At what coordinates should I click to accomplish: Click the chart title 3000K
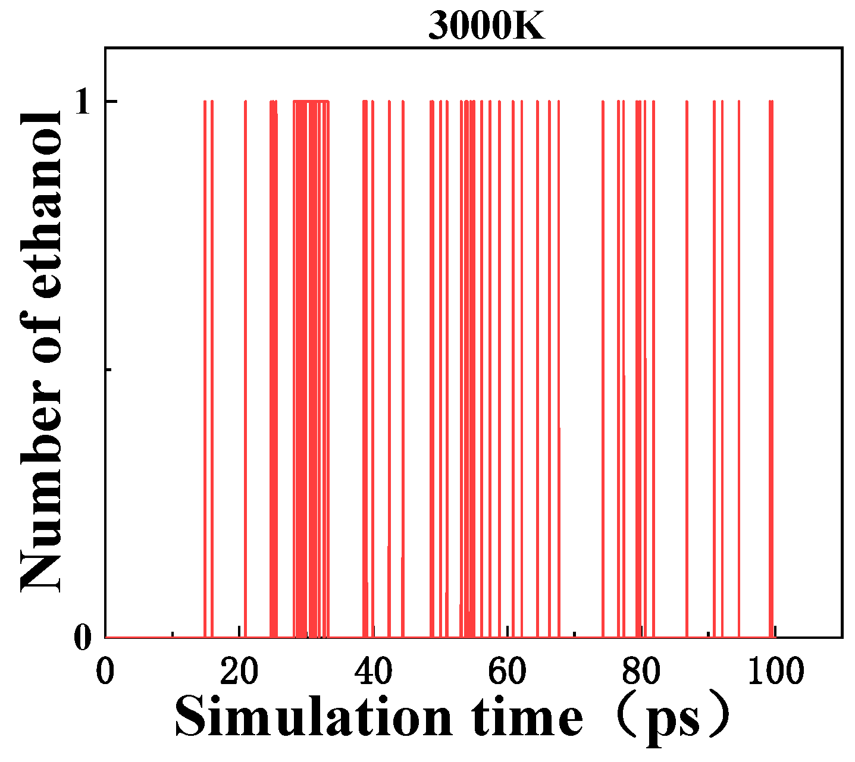pyautogui.click(x=486, y=26)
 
